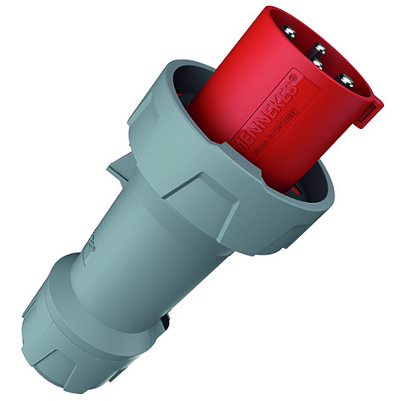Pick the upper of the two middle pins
tap(319, 48)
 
